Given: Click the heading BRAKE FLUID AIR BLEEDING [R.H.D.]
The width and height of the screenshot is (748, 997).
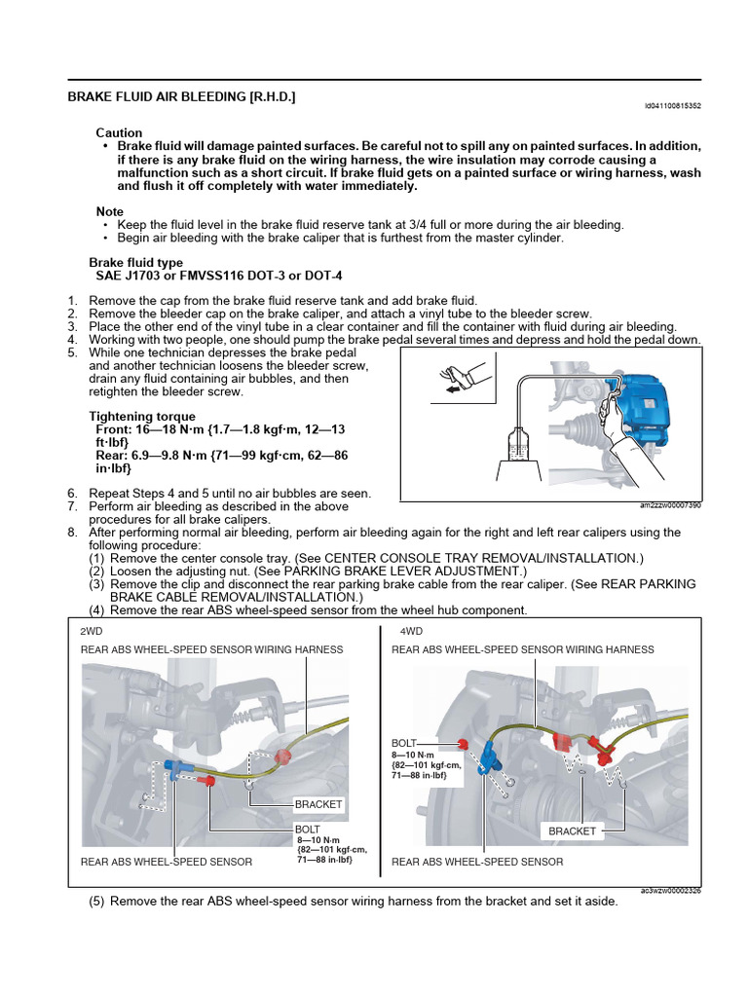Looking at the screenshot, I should pyautogui.click(x=181, y=97).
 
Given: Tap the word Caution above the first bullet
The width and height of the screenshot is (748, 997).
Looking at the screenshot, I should pyautogui.click(x=119, y=132).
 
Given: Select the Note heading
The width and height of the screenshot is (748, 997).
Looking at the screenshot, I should pyautogui.click(x=110, y=211).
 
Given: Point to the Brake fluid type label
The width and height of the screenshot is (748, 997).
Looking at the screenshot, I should pyautogui.click(x=135, y=263).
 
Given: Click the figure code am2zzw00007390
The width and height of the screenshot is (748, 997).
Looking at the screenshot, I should pyautogui.click(x=670, y=506).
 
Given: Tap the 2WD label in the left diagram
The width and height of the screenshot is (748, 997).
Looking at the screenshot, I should pyautogui.click(x=92, y=631).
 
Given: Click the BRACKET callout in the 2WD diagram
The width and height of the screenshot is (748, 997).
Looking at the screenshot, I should pyautogui.click(x=318, y=804).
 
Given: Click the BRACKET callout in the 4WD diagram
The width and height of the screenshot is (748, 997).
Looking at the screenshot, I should pyautogui.click(x=572, y=831).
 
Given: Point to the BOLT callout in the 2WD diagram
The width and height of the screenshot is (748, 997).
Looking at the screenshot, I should pyautogui.click(x=308, y=830).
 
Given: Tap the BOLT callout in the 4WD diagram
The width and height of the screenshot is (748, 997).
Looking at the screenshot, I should pyautogui.click(x=404, y=742).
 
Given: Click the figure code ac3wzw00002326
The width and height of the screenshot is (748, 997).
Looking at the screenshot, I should pyautogui.click(x=670, y=890).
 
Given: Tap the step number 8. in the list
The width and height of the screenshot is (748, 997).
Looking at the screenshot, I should pyautogui.click(x=73, y=533).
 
